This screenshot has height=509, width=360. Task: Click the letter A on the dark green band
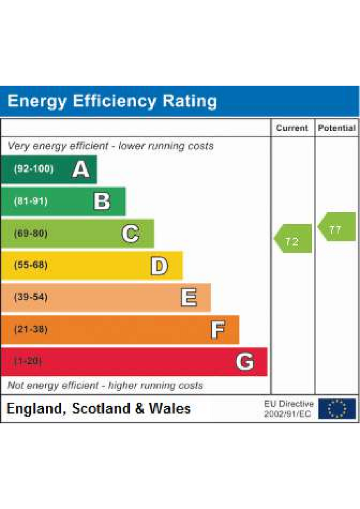81,169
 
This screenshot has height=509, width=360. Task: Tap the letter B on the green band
102,201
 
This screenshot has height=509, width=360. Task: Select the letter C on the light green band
131,234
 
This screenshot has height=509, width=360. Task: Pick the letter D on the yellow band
159,265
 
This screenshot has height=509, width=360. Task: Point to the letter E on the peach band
188,297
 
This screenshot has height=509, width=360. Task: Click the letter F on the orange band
218,330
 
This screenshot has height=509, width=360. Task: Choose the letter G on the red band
245,362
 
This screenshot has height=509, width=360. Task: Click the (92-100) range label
34,169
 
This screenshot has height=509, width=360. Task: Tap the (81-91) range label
31,201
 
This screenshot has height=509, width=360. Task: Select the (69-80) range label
31,233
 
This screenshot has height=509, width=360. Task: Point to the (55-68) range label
31,265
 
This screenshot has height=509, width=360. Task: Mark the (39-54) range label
31,297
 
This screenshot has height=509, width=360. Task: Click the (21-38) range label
31,329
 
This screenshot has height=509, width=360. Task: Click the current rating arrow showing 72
293,238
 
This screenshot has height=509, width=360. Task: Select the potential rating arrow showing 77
337,227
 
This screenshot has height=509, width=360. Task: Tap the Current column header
292,128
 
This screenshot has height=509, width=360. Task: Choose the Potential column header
337,128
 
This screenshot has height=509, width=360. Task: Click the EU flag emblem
337,409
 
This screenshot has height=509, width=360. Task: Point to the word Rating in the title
189,101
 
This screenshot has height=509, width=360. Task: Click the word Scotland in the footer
101,409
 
